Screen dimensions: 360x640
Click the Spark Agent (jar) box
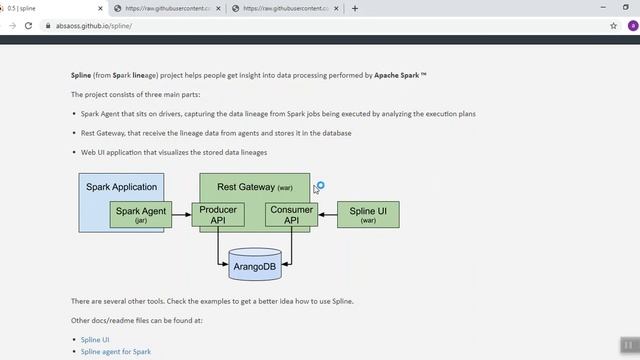(x=141, y=215)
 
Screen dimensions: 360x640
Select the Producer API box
(x=218, y=215)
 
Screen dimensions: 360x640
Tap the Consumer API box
(x=291, y=215)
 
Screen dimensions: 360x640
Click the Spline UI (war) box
(x=368, y=215)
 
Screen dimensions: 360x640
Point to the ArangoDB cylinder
(x=254, y=265)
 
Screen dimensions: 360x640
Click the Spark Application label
(x=121, y=187)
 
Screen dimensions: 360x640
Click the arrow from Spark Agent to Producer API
(x=181, y=215)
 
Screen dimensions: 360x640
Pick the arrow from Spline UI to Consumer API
(x=327, y=215)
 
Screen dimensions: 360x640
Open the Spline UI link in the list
(x=95, y=340)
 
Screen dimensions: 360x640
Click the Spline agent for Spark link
(x=115, y=352)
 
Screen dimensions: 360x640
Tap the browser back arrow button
(x=12, y=25)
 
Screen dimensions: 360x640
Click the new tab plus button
(x=355, y=8)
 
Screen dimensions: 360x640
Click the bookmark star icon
(x=613, y=25)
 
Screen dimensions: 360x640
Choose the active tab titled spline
(x=50, y=8)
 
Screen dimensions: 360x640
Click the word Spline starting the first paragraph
(x=81, y=75)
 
